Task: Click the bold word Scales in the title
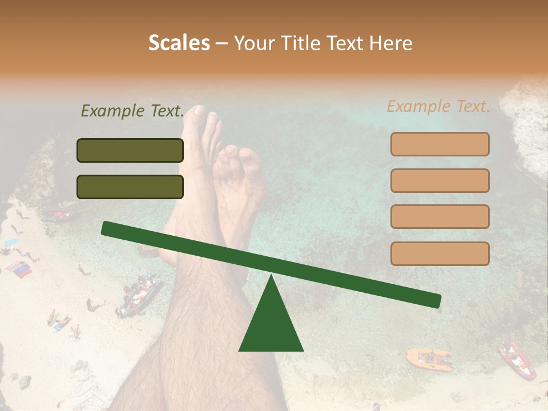click(179, 43)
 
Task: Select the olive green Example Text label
click(132, 111)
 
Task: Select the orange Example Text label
click(438, 106)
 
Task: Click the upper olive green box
click(130, 150)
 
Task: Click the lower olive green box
click(130, 187)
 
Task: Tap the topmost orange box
click(440, 144)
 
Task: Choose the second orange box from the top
click(440, 180)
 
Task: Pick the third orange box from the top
click(440, 216)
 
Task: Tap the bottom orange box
click(440, 253)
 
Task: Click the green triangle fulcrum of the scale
click(271, 320)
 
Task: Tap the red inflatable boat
click(517, 360)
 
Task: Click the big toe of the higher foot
click(199, 112)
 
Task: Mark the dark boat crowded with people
click(139, 295)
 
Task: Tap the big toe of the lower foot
click(250, 157)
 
